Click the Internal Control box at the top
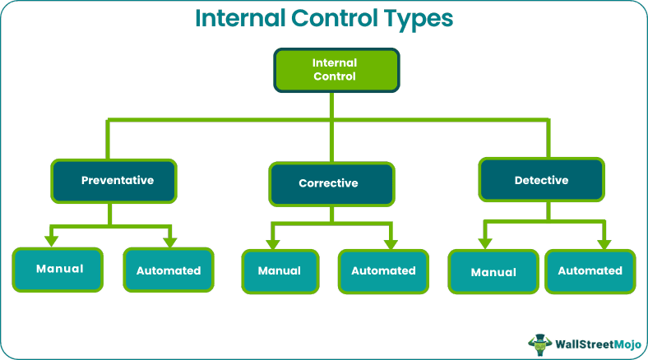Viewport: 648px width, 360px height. coord(336,70)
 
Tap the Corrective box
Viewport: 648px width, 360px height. coord(331,183)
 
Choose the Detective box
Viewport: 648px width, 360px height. coord(541,180)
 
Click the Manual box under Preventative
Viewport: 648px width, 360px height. coord(58,269)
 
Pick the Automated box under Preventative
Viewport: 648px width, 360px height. coord(169,270)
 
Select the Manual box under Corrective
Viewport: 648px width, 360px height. coord(279,271)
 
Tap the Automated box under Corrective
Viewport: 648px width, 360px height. coord(383,271)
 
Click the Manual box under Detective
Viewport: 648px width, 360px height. coord(493,271)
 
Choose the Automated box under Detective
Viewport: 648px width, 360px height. coord(590,270)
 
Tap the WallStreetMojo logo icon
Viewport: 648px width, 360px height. coord(539,344)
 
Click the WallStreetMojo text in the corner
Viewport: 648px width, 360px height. coord(597,344)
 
